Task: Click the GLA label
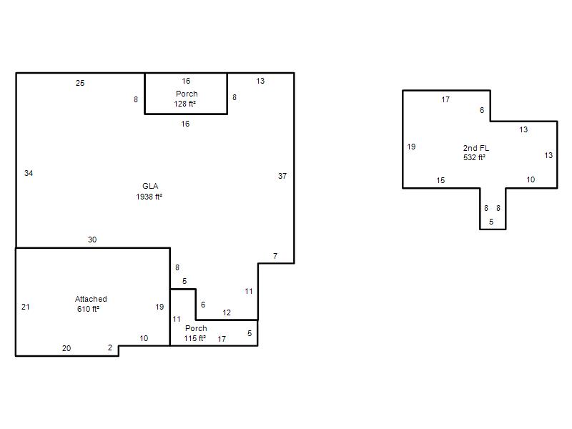(x=150, y=186)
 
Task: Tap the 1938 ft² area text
(x=149, y=197)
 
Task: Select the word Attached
(x=91, y=299)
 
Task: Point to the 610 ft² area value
(x=88, y=309)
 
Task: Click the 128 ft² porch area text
(x=185, y=104)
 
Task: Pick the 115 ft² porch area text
(x=194, y=338)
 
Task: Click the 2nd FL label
(x=476, y=148)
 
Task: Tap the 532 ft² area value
(x=474, y=157)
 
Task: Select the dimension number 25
(x=80, y=83)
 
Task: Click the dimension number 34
(x=29, y=173)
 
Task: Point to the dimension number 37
(x=282, y=176)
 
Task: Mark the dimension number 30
(x=92, y=240)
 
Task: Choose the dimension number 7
(x=275, y=256)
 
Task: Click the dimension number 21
(x=25, y=307)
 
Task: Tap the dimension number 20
(x=66, y=348)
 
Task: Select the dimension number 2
(x=110, y=347)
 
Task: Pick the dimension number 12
(x=227, y=312)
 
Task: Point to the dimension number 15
(x=440, y=180)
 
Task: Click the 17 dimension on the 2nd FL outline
(x=445, y=99)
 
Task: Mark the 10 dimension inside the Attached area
(x=144, y=338)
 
